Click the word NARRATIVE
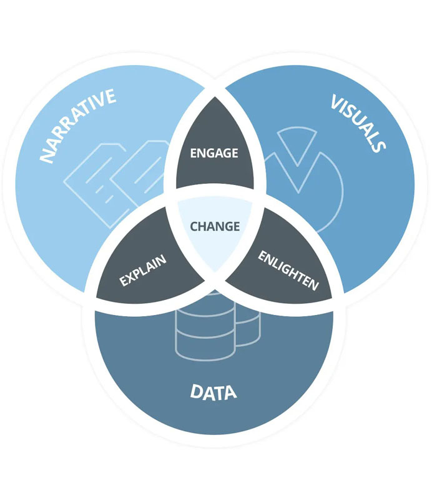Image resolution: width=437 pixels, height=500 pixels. pos(77,126)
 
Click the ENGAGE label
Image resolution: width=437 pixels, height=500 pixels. pos(214,152)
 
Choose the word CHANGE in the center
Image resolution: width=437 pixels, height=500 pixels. pos(215,226)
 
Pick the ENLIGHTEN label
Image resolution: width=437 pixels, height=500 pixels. pos(288,270)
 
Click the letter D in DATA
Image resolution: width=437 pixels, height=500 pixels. pos(196,393)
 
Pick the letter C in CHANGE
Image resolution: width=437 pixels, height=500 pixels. pos(194,226)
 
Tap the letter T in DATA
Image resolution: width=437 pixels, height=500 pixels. pos(220,393)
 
